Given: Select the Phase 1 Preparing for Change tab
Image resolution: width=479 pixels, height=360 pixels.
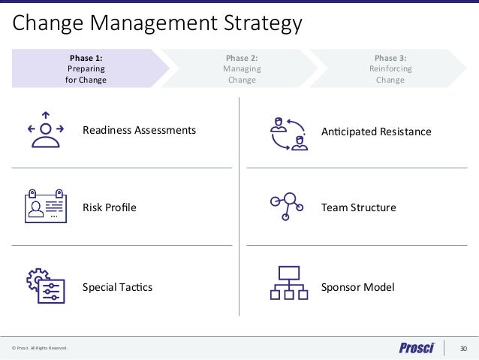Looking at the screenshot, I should [x=86, y=68].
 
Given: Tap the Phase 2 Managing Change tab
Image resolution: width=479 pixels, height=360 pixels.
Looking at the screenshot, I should [x=242, y=68].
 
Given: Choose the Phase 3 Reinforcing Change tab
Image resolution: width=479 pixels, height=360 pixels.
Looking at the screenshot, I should [x=390, y=68].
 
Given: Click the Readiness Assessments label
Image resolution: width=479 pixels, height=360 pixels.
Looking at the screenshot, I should [x=139, y=130].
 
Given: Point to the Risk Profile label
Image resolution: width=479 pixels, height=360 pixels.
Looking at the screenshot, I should [x=110, y=207].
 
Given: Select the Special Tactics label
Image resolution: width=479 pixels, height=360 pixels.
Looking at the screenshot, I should [x=117, y=287].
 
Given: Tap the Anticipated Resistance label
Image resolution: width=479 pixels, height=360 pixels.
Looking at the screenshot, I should [x=376, y=132].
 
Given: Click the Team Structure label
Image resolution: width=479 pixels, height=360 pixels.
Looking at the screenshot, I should [x=358, y=207].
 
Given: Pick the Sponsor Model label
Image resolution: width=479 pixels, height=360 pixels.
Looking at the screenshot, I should [x=357, y=287].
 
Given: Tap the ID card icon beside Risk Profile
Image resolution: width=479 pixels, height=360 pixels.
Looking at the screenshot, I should [x=45, y=205].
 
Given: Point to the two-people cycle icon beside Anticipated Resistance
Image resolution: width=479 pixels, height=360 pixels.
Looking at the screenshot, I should [x=288, y=132].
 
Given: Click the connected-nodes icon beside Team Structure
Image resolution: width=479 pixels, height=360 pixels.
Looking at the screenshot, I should [x=286, y=206].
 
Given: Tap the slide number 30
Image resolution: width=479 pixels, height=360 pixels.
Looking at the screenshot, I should [x=463, y=348].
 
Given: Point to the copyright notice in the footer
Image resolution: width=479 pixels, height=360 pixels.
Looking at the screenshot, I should [x=40, y=349].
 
